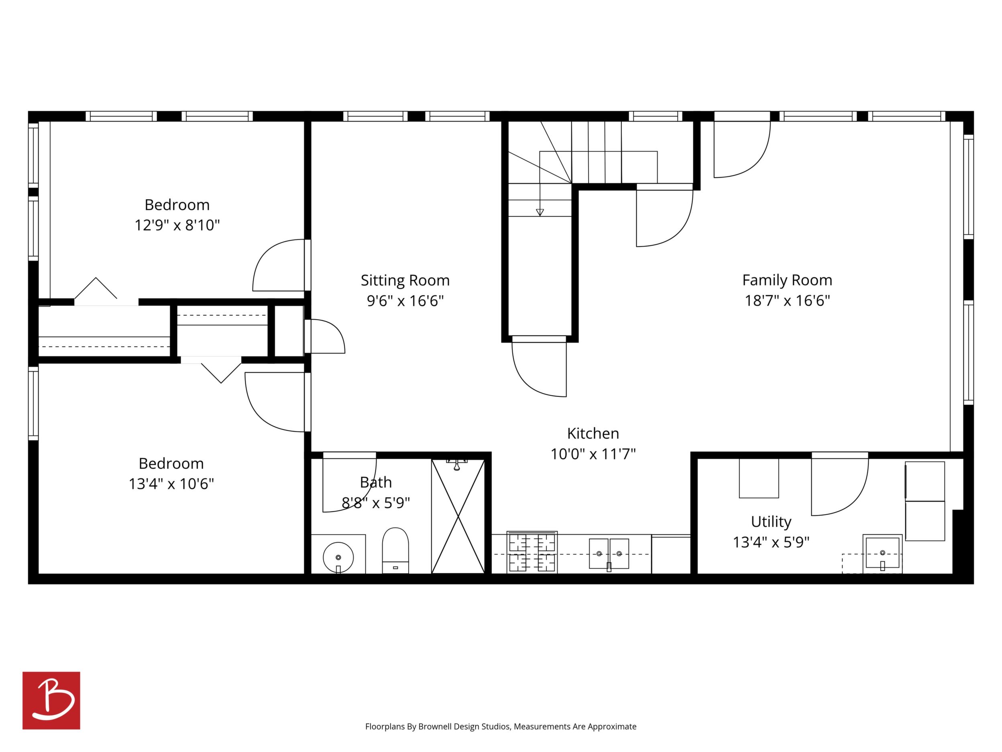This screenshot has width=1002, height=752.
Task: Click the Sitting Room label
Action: click(405, 280)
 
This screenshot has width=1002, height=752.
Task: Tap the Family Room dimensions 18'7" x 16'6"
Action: click(787, 300)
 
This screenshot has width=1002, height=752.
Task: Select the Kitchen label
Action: click(593, 433)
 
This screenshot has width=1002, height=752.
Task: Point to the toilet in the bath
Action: click(395, 550)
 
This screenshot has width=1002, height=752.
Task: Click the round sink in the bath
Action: click(338, 558)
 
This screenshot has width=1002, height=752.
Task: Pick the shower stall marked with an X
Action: click(458, 516)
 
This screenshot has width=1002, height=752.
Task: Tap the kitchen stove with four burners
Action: click(532, 552)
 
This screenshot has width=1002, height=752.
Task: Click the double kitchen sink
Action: click(609, 554)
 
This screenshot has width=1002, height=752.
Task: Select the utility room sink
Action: click(882, 554)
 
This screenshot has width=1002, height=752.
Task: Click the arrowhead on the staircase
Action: click(540, 212)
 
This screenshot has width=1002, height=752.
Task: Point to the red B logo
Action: click(51, 700)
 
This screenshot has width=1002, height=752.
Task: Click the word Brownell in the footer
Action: click(433, 727)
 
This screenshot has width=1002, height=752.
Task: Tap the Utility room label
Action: click(771, 522)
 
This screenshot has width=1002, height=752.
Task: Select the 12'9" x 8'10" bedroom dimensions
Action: click(177, 225)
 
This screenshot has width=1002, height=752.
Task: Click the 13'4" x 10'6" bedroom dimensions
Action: click(171, 484)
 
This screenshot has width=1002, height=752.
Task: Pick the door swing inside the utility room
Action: click(839, 484)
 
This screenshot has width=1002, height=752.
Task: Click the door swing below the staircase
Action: click(539, 366)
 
